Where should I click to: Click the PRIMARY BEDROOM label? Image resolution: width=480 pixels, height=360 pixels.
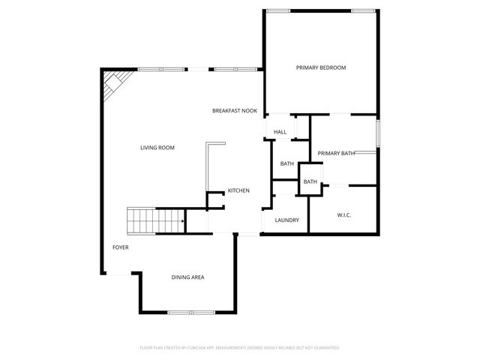click(321, 67)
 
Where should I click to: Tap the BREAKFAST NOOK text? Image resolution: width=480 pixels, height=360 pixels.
click(235, 111)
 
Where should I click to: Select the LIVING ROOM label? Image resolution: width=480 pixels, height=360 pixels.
click(157, 148)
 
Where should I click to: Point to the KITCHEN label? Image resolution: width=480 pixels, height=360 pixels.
click(238, 190)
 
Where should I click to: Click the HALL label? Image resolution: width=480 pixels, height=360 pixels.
click(280, 132)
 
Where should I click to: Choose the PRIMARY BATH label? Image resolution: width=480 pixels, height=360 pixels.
click(336, 154)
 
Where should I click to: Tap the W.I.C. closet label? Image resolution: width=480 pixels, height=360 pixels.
click(344, 215)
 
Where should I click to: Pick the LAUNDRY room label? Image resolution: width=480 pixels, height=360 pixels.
click(287, 220)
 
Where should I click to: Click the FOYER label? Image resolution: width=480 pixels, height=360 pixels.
click(120, 247)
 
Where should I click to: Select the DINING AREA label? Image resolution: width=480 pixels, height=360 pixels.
click(187, 277)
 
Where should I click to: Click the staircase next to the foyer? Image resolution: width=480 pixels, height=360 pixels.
click(154, 222)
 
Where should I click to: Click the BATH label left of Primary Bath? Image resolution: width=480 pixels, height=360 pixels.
click(287, 163)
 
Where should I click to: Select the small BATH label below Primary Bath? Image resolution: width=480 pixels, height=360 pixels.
click(310, 182)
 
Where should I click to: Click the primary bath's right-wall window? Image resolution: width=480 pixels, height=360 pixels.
click(377, 133)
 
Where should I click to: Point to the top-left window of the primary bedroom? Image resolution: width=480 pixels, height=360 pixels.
click(278, 10)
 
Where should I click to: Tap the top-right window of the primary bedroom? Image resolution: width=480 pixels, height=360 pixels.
click(364, 10)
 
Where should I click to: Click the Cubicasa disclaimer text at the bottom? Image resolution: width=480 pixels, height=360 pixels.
click(240, 347)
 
